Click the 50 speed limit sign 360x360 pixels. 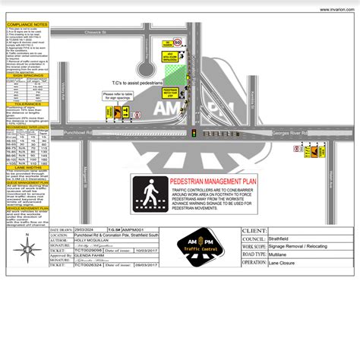(x=176, y=43)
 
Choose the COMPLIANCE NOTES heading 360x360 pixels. (x=27, y=25)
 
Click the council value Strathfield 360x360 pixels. (x=288, y=238)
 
